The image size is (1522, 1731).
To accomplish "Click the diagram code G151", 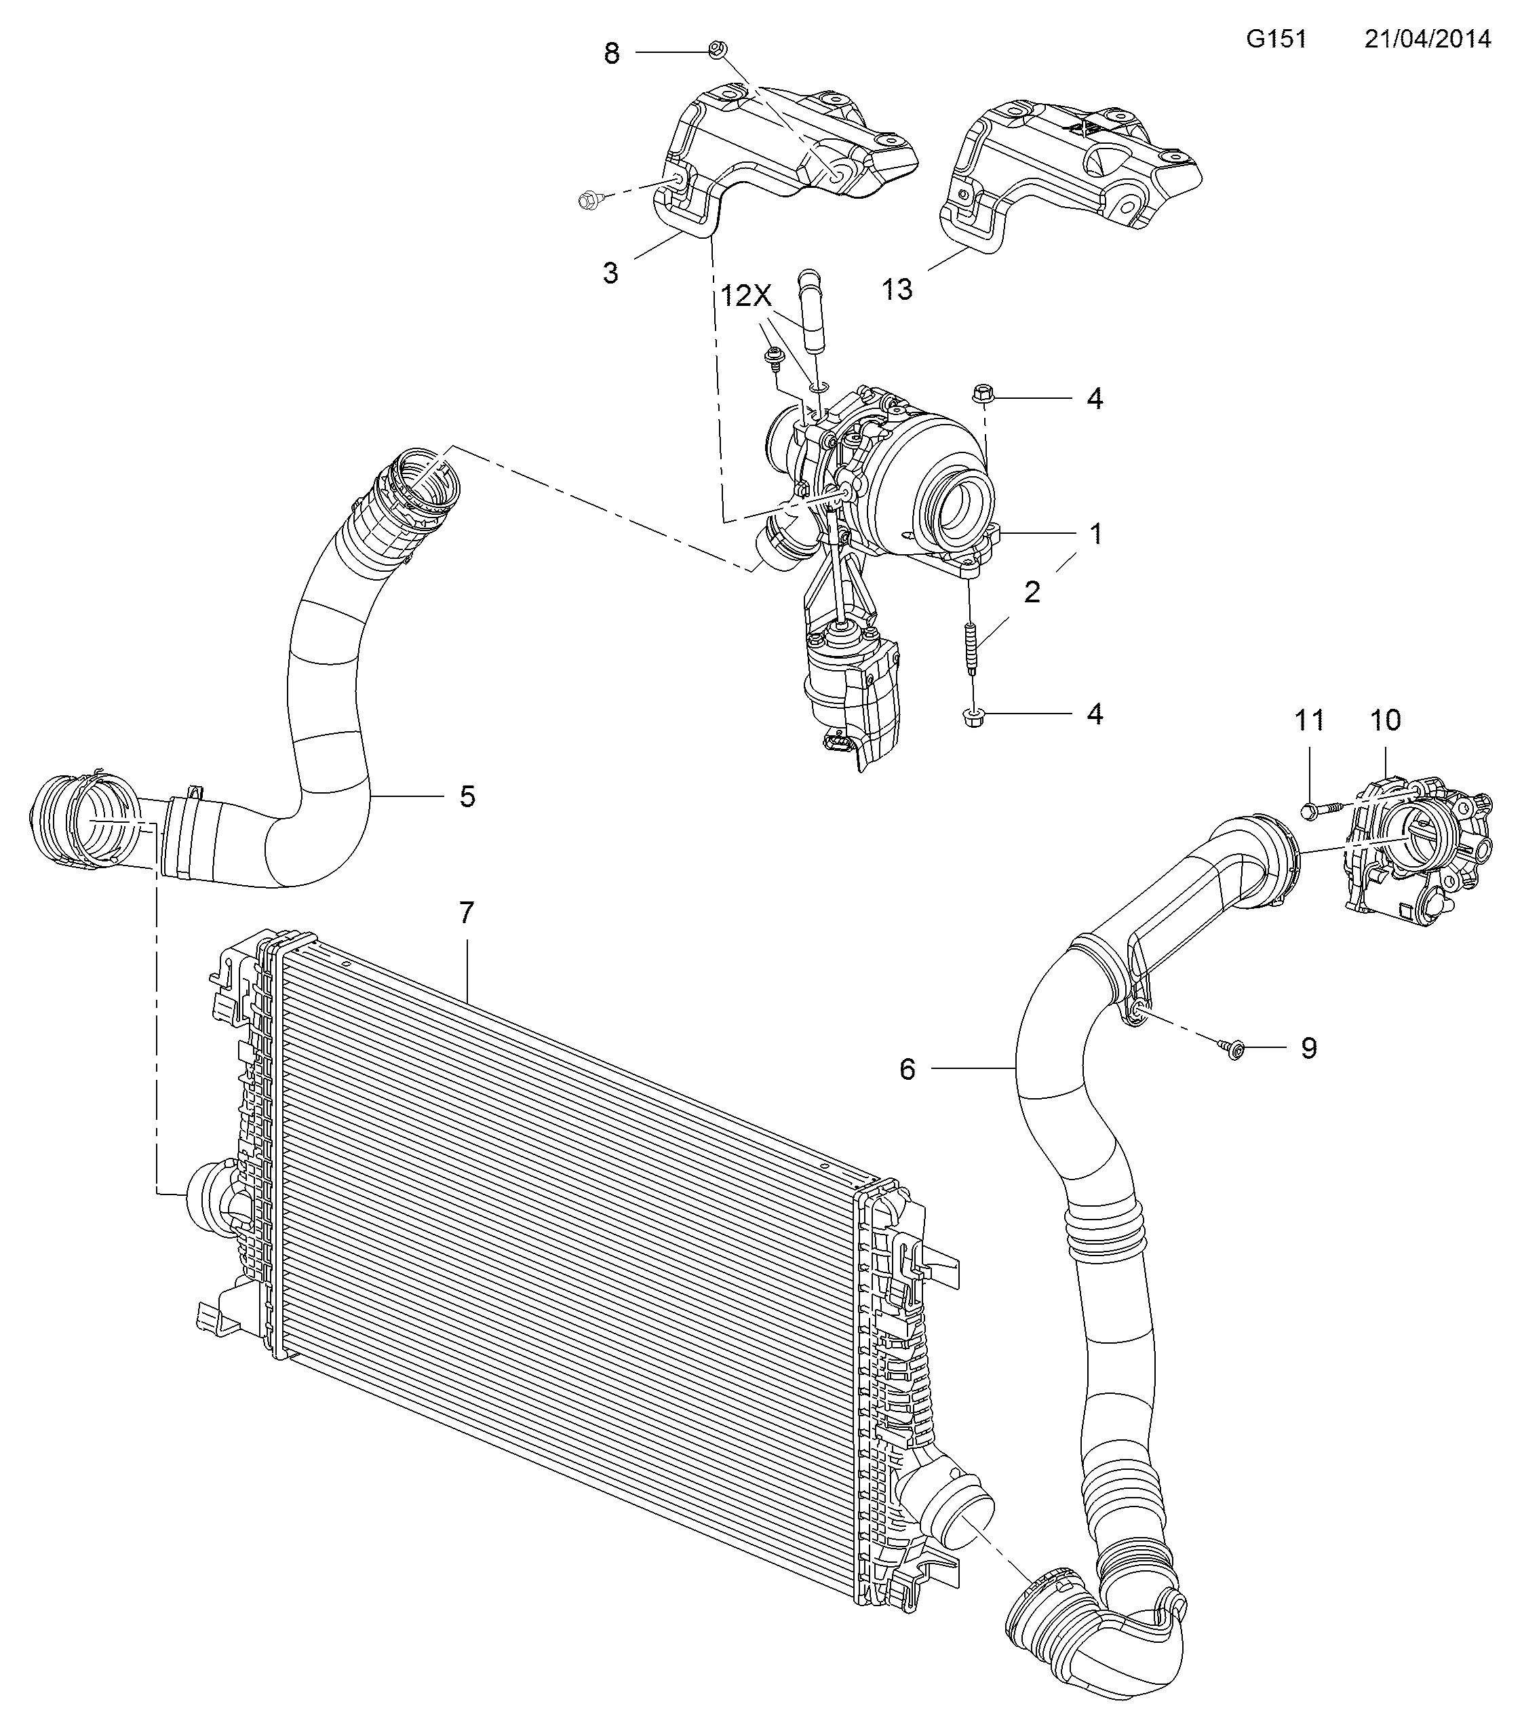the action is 1276,39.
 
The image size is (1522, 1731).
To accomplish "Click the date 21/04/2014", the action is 1427,39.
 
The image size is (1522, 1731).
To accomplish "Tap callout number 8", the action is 612,54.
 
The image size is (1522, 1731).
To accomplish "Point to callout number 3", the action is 610,273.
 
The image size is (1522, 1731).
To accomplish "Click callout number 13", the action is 897,290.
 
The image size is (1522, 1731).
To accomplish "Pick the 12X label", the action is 747,296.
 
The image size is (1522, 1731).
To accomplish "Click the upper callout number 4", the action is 1095,399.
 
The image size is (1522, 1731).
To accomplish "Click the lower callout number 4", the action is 1095,714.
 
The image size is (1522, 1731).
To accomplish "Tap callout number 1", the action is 1096,534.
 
